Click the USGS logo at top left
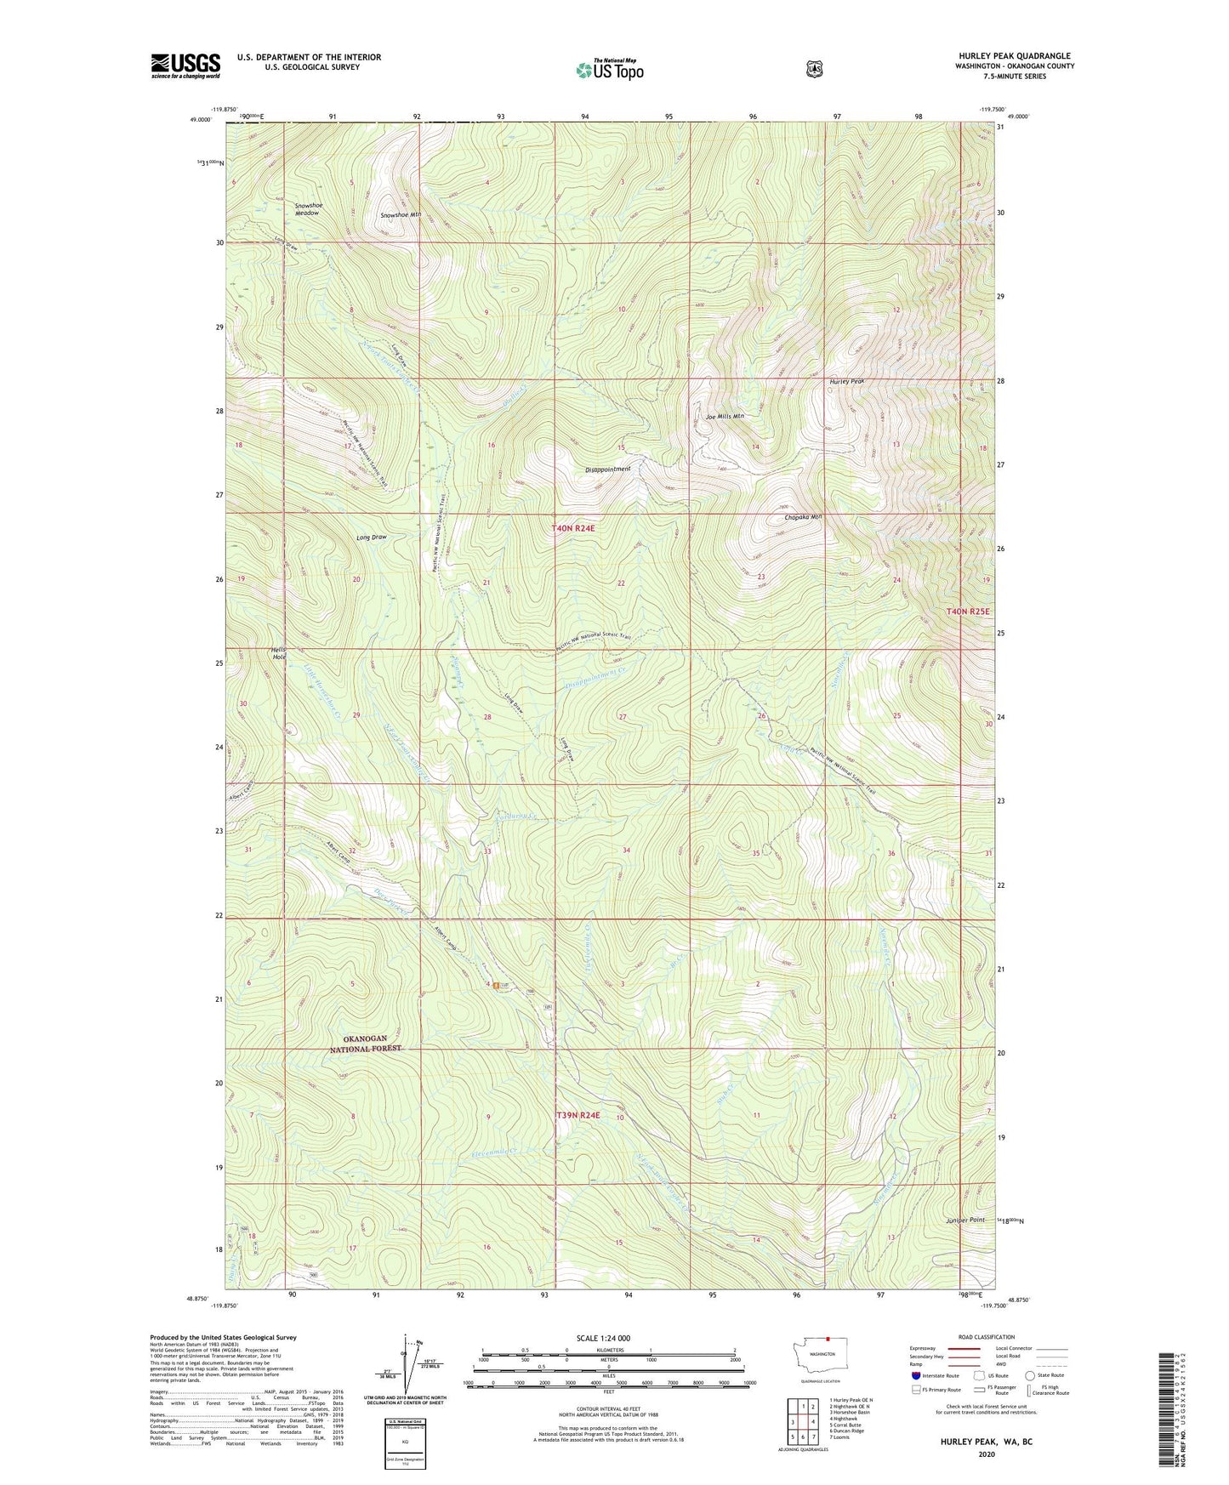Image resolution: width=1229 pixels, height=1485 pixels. click(185, 65)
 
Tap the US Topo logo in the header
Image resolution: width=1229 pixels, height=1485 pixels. click(609, 69)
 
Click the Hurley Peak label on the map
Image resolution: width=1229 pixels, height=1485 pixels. click(846, 381)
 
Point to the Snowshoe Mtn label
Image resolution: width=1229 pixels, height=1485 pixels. click(401, 215)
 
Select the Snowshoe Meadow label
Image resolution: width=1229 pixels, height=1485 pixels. click(307, 209)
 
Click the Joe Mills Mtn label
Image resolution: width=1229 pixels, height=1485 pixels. click(725, 417)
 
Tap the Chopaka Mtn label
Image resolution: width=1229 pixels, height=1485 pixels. click(803, 516)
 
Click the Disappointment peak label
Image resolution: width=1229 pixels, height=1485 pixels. click(608, 469)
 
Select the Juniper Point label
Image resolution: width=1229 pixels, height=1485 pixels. click(965, 1220)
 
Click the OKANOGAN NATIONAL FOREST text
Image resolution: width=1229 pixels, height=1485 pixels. click(365, 1044)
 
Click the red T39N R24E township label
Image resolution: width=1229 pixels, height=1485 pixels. click(578, 1115)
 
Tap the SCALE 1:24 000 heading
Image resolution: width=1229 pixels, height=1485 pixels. click(603, 1338)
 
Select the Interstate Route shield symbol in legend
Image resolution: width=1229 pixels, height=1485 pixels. click(915, 1374)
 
